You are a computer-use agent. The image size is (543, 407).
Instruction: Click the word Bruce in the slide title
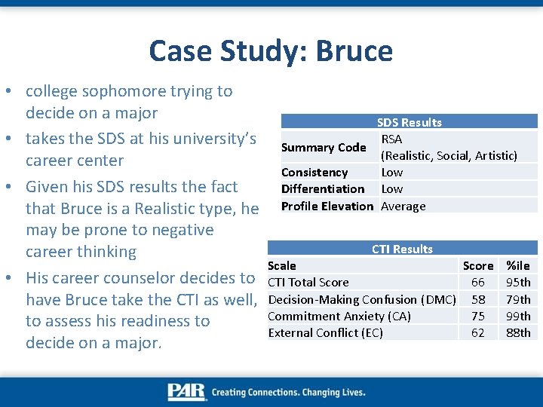click(354, 51)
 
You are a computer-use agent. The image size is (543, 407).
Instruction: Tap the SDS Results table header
click(410, 122)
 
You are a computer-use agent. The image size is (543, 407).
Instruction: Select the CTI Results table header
click(402, 249)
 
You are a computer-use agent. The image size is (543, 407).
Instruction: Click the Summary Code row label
click(324, 148)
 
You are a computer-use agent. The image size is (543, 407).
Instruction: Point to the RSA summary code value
click(391, 139)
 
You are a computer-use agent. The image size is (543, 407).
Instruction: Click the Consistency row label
click(314, 173)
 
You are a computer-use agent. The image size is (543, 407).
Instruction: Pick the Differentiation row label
click(323, 189)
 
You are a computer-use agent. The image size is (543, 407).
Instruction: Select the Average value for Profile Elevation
click(403, 206)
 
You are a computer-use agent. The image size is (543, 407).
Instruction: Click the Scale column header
click(282, 265)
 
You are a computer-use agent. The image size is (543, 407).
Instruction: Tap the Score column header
click(478, 265)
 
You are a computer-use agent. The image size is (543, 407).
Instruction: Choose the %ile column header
click(518, 265)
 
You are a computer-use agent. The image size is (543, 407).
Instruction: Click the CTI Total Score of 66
click(478, 282)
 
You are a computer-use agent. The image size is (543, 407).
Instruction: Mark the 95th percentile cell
click(518, 282)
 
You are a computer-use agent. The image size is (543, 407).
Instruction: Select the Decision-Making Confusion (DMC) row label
click(362, 299)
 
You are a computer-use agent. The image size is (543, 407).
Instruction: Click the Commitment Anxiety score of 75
click(478, 316)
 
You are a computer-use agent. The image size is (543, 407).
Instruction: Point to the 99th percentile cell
click(518, 316)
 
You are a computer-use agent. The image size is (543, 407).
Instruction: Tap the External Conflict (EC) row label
click(326, 332)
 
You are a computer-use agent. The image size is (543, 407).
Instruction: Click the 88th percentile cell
click(518, 332)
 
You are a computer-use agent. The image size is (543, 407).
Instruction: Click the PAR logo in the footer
click(186, 392)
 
